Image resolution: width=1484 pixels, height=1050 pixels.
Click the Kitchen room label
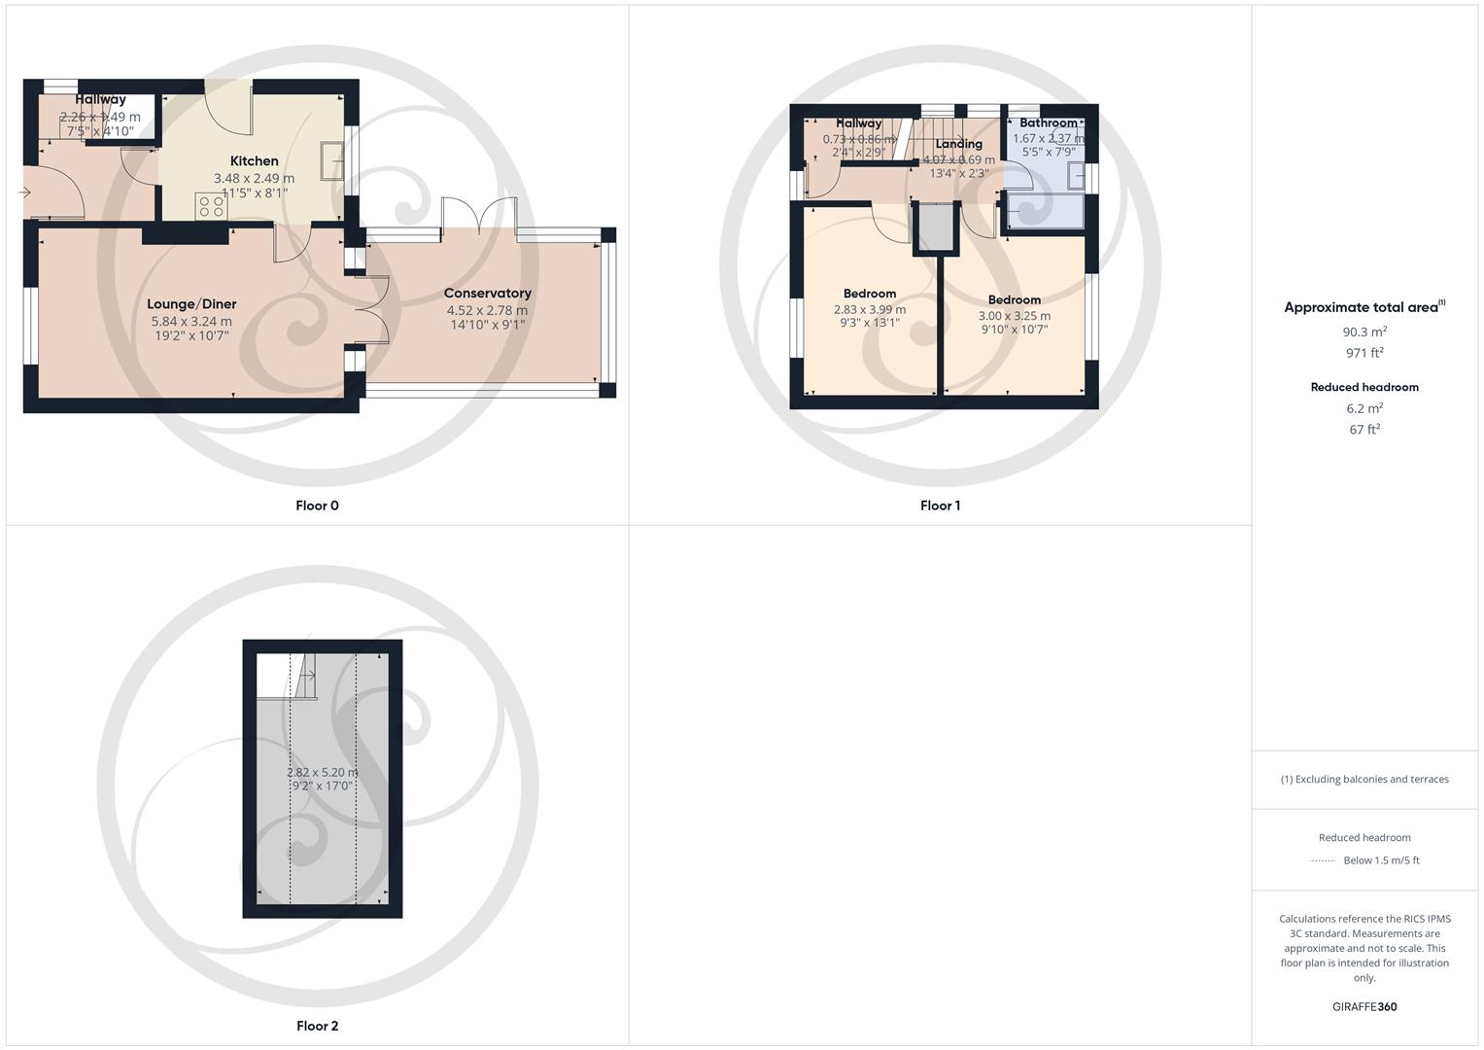(x=254, y=161)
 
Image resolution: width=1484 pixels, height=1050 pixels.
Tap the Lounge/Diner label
(x=191, y=304)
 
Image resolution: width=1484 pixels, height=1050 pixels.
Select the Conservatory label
(x=487, y=294)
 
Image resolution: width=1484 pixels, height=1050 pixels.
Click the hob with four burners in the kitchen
(x=210, y=205)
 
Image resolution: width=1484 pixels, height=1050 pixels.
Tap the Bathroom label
(x=1048, y=123)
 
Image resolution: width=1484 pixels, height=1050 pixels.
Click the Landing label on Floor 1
(x=958, y=144)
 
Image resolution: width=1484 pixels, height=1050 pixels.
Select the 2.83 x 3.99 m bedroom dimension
(x=869, y=310)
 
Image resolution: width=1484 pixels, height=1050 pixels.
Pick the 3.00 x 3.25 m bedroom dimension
(x=1014, y=316)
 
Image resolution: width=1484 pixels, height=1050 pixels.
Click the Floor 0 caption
(x=317, y=506)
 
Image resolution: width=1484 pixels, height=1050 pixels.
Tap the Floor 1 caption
(x=940, y=506)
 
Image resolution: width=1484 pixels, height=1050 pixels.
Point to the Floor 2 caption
(x=317, y=1026)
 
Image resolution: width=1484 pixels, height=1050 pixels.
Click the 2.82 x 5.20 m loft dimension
(x=322, y=773)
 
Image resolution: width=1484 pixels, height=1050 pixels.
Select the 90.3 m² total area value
(x=1364, y=332)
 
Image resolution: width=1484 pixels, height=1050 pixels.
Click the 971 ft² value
(x=1364, y=353)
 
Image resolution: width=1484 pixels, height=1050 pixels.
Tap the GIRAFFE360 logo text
(x=1364, y=1007)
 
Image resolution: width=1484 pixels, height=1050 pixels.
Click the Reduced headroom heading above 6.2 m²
(x=1364, y=387)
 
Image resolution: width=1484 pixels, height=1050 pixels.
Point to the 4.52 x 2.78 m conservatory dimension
(x=487, y=311)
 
